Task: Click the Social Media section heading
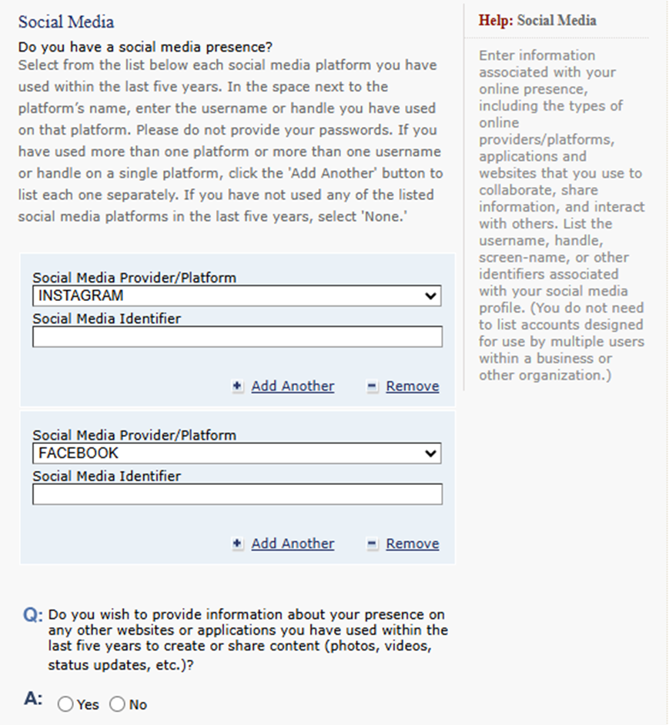66,22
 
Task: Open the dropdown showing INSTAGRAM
236,296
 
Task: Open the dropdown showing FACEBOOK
236,453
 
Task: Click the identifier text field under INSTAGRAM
237,336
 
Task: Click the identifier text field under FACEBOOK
237,494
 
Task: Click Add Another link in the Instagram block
293,386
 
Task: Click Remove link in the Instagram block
413,386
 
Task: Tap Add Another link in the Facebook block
293,544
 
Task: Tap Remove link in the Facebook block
413,544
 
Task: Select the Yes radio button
65,704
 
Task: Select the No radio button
117,704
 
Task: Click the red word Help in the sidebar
495,21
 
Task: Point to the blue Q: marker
32,616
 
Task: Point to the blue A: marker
33,699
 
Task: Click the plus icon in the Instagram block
238,386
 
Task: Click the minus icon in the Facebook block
373,544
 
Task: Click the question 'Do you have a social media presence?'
146,48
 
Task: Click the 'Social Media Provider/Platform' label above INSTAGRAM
134,278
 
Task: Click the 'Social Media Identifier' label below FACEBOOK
106,476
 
